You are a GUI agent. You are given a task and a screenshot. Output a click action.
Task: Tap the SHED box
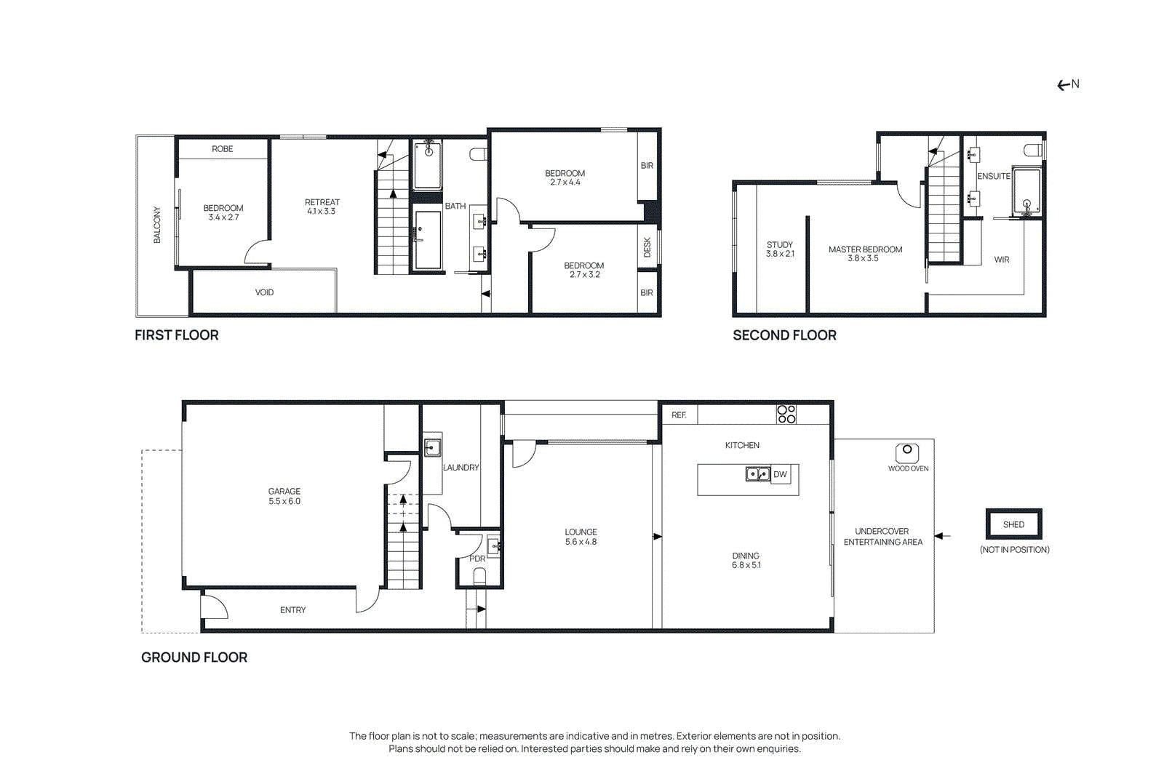click(1013, 524)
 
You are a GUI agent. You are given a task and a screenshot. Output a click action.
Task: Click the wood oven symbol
click(907, 452)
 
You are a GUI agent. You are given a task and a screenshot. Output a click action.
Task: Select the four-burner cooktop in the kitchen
click(786, 414)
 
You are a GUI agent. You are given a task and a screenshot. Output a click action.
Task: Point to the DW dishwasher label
click(780, 474)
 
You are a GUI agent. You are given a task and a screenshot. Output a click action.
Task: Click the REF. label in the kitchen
click(679, 415)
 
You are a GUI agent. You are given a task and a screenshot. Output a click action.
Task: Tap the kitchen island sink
click(757, 474)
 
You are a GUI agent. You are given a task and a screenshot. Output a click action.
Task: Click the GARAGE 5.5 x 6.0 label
click(284, 496)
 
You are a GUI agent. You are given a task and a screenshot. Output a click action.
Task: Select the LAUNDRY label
click(461, 468)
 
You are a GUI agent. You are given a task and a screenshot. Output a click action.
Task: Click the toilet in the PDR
click(479, 576)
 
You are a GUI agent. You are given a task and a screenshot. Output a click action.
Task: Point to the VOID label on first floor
click(264, 292)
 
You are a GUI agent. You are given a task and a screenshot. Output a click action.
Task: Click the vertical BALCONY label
click(157, 225)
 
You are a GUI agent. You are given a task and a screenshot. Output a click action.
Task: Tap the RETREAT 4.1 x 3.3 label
click(322, 207)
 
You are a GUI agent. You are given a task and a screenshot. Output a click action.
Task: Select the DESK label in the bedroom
click(647, 247)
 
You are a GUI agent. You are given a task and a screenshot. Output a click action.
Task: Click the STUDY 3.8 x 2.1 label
click(780, 249)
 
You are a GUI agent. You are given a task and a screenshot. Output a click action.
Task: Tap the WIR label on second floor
click(1002, 260)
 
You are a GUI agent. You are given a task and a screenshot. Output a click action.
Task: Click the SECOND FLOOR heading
click(784, 335)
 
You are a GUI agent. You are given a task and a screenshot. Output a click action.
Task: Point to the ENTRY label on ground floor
click(292, 610)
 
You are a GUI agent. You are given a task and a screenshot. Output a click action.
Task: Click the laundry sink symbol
click(432, 447)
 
